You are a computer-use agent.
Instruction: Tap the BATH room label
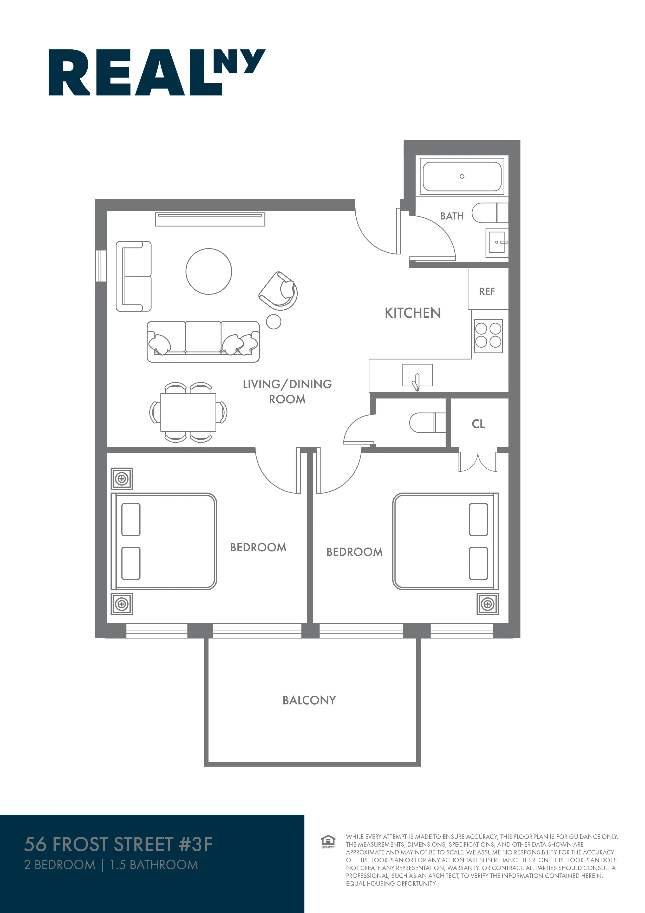tap(452, 216)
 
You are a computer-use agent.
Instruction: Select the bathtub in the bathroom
tap(461, 176)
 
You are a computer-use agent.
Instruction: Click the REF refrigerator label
tap(487, 291)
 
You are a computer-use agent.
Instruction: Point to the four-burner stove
tap(488, 336)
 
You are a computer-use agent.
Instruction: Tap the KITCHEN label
tap(413, 313)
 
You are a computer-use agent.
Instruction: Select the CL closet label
tap(478, 424)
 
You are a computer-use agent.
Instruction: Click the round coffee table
tap(209, 272)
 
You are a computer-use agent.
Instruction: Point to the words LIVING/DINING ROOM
tap(287, 392)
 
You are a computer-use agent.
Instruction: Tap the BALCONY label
tap(309, 700)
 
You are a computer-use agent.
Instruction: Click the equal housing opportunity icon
tap(328, 841)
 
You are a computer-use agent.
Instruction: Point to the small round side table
tap(273, 322)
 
